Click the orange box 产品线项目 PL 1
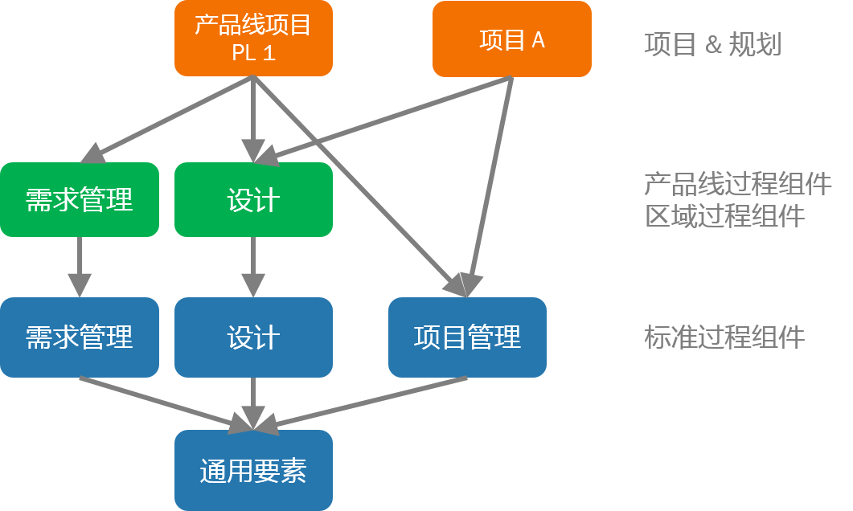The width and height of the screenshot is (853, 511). (253, 38)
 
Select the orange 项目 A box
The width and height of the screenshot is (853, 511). (512, 39)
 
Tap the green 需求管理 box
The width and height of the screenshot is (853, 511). (80, 199)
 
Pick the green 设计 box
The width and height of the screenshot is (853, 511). (253, 199)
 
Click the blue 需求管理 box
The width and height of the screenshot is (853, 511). (80, 337)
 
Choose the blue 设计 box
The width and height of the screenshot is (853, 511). (253, 337)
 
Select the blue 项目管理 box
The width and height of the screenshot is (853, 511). (467, 337)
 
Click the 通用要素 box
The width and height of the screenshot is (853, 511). (253, 470)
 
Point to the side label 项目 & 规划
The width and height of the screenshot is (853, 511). (713, 44)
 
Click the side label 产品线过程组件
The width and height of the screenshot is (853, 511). (738, 184)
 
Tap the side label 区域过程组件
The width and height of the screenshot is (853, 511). (724, 216)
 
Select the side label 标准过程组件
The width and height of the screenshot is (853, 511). (724, 337)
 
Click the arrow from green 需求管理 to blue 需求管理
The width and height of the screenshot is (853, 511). (80, 267)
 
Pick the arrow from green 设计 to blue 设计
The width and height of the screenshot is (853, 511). (253, 267)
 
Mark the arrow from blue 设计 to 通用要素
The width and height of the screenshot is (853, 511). (253, 403)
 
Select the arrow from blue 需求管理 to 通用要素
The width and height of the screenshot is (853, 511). (166, 404)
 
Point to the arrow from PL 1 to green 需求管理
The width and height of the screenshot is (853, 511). (166, 120)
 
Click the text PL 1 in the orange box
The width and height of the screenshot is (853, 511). (253, 53)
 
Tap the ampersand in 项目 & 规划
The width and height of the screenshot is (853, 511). (713, 45)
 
